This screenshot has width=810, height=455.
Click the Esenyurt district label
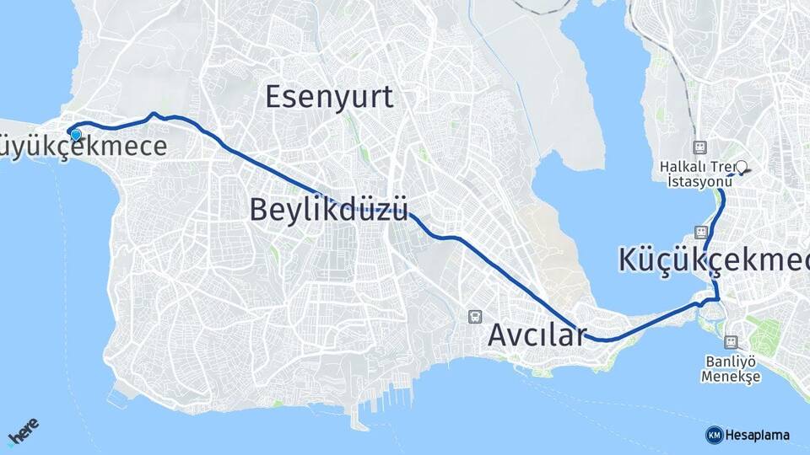[329, 97]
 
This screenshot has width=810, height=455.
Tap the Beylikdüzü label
[329, 209]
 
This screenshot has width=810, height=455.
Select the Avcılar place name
[536, 335]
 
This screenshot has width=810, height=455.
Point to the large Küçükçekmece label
[714, 260]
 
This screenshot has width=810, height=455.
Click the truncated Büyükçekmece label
[84, 147]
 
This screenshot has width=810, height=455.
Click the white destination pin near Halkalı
[741, 167]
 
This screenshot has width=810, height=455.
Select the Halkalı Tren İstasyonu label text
[698, 174]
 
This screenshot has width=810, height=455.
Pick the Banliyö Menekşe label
[731, 368]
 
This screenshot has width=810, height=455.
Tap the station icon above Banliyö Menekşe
[731, 342]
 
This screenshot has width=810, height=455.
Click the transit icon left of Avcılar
[475, 317]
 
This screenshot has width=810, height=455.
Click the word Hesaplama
[758, 435]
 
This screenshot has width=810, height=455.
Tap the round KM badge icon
[715, 435]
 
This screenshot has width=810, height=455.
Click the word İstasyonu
[698, 182]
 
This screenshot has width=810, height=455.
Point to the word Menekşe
[731, 377]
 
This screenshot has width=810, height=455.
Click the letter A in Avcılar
[499, 335]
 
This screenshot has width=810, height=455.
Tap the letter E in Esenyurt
[275, 97]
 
